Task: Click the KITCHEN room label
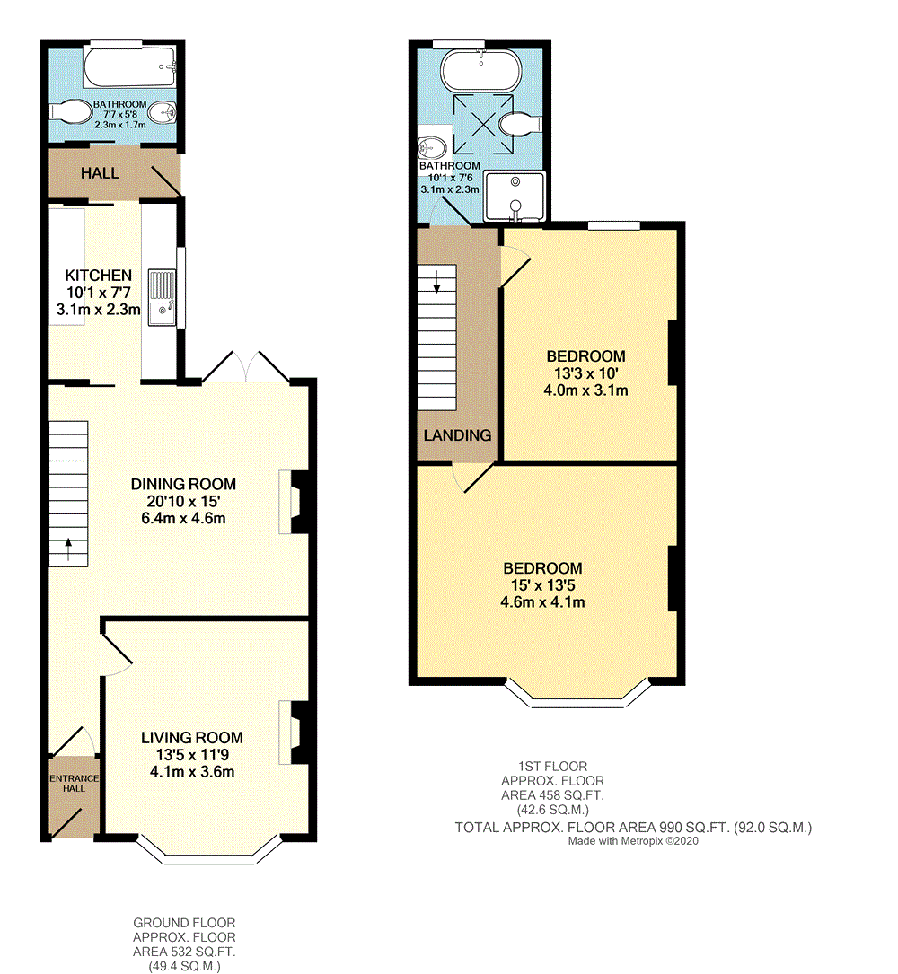(98, 276)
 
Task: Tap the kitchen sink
(162, 297)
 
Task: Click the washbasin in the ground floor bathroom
(162, 113)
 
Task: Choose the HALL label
(101, 172)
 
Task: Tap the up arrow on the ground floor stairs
(68, 545)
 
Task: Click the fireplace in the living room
(294, 732)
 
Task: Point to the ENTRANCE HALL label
(74, 783)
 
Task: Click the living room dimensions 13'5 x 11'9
(191, 755)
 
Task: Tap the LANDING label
(458, 435)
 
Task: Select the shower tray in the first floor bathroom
(515, 196)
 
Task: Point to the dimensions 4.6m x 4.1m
(542, 602)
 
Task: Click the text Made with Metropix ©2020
(633, 841)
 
